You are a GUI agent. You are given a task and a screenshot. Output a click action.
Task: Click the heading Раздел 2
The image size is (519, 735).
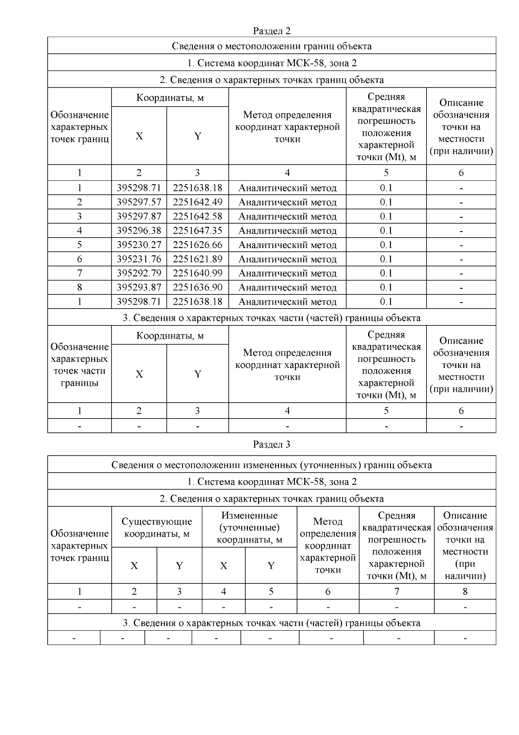click(272, 31)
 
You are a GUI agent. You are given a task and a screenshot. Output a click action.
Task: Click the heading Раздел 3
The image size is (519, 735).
click(272, 445)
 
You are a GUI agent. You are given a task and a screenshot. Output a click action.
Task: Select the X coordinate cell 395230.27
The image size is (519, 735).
click(139, 245)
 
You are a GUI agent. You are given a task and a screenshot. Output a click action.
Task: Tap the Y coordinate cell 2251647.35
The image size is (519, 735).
click(197, 231)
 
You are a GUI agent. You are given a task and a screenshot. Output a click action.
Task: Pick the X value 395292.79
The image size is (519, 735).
click(139, 274)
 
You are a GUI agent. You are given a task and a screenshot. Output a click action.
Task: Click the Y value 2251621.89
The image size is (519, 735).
click(197, 259)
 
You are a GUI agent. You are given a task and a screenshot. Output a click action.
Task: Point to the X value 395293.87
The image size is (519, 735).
click(139, 288)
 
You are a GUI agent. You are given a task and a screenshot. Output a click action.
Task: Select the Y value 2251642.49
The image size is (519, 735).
click(197, 202)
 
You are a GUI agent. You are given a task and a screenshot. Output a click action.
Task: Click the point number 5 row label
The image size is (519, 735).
click(80, 245)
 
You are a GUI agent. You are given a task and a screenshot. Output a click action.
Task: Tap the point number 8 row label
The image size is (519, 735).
click(80, 288)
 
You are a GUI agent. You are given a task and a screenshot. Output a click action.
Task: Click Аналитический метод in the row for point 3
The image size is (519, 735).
click(287, 216)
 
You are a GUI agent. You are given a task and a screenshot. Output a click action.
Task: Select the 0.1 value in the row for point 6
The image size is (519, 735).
click(386, 259)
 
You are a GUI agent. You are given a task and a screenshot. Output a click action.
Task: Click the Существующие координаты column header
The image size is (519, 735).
click(157, 528)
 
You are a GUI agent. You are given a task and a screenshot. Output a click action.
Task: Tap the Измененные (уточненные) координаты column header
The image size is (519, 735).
click(250, 528)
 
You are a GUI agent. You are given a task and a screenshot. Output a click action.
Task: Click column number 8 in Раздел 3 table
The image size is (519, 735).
click(465, 592)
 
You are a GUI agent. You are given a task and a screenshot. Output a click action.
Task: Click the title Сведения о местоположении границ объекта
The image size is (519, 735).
click(272, 46)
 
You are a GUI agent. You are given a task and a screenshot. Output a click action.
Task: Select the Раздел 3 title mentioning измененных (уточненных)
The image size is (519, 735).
click(272, 465)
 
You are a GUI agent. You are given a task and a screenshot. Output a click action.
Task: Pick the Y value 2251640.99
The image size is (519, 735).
click(197, 274)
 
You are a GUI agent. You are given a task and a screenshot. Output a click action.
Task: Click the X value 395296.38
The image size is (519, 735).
click(139, 231)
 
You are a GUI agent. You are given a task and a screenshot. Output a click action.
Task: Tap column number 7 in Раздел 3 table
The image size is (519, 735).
click(397, 592)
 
